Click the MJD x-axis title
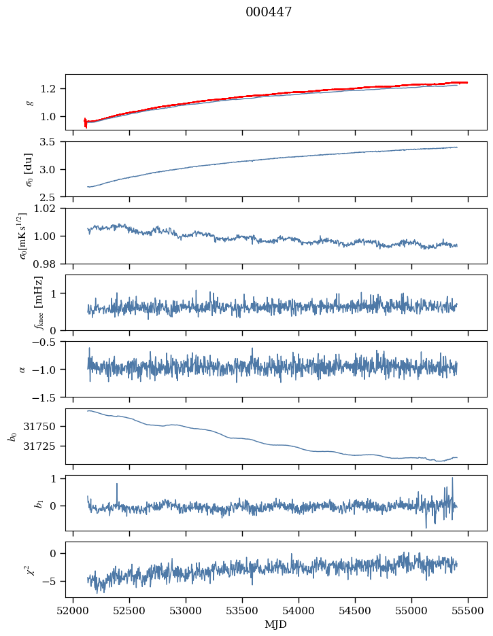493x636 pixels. (x=275, y=624)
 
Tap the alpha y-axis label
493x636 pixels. (x=22, y=369)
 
